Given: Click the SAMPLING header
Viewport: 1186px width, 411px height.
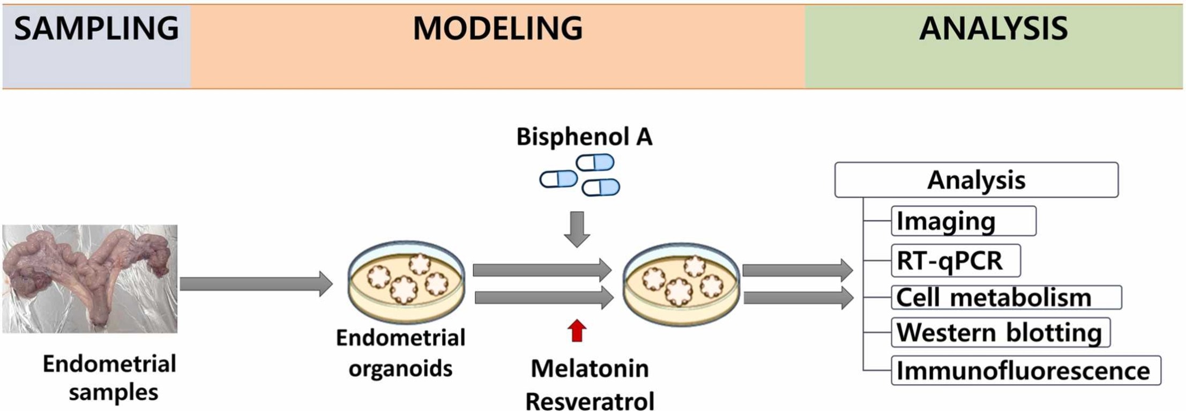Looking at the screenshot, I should pos(96,29).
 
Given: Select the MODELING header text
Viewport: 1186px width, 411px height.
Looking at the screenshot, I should pos(497,29).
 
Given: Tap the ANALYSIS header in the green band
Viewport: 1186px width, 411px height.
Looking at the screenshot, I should pos(993,29).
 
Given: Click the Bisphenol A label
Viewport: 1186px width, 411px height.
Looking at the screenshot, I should pos(584,137).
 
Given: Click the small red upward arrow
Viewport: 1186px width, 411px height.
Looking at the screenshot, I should pos(577,331).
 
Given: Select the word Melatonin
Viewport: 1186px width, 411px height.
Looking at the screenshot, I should pos(590,369).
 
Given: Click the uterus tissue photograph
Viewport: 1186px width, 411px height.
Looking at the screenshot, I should pos(90,279).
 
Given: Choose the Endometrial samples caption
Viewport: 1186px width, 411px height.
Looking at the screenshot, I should pos(109,378).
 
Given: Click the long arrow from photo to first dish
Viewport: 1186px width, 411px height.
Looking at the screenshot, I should pos(256,283).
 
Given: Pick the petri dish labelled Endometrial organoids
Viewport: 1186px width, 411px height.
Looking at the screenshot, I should pos(406,281).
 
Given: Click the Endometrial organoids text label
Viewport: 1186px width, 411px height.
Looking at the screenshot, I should pos(400,353).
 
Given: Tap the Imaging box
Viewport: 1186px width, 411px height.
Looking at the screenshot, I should pos(963,221).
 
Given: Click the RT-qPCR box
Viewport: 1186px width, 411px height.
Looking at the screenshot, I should pos(956,260).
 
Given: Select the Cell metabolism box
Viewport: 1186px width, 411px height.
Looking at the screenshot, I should pos(1006,297).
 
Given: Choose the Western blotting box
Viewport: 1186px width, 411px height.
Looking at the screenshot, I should pos(1000,332).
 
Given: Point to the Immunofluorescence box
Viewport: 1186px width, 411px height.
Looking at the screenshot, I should pos(1025,370).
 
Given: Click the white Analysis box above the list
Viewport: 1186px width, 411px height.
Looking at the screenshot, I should pos(976,180).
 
